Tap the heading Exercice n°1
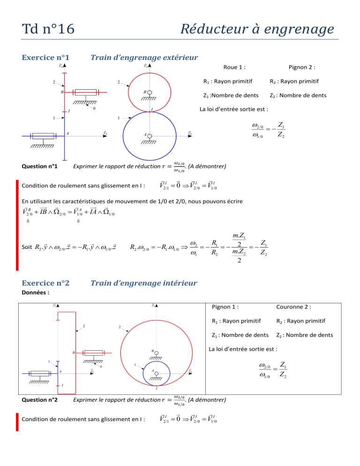(46, 58)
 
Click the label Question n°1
(40, 166)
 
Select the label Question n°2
(40, 399)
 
